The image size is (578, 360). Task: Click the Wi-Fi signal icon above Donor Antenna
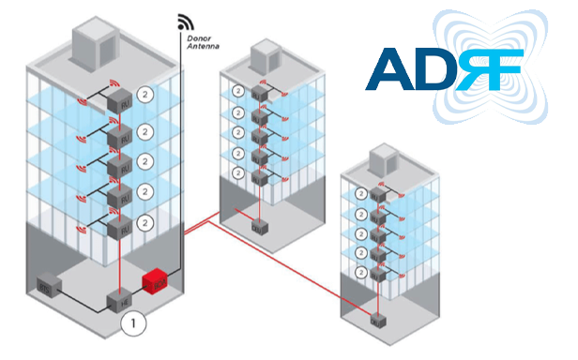pos(184,21)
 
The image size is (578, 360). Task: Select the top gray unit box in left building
pos(119,100)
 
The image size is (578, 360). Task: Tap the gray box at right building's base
pos(377,320)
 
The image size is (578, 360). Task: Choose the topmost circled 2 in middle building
pos(237,90)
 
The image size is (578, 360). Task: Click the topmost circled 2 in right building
pos(360,194)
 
